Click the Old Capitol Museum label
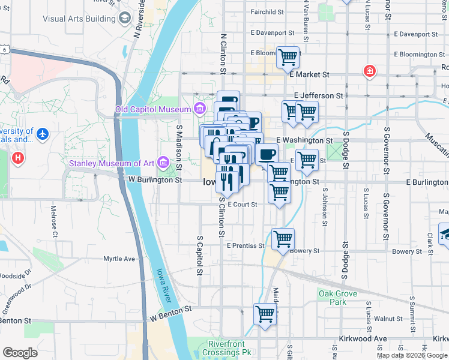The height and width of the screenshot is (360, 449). coord(153,109)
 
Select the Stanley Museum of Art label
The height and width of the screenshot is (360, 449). coord(112,163)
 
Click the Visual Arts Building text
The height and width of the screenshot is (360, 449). coord(79,19)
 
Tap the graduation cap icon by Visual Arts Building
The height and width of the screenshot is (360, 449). coord(124,18)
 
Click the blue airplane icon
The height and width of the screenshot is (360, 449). coord(42,133)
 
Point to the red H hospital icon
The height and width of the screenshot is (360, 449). coord(19,158)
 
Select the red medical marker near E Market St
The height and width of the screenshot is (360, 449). coord(370,71)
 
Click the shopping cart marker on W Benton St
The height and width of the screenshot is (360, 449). coord(265,314)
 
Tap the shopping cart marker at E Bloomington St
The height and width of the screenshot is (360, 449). coord(288,57)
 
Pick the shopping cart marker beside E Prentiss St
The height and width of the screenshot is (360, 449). coord(283,238)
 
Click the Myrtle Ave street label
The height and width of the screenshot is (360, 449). coord(119,259)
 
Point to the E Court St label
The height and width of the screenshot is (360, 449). coord(242,205)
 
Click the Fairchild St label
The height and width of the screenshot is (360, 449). coord(267,11)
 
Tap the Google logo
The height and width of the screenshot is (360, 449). coord(20,352)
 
